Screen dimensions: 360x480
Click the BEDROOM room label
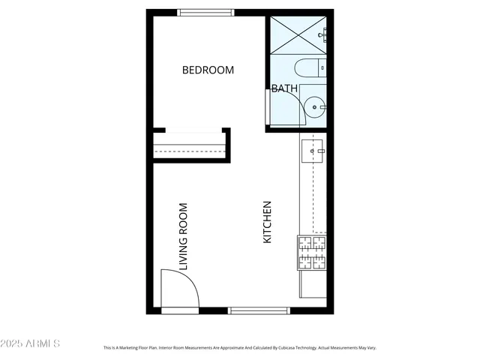pyautogui.click(x=208, y=70)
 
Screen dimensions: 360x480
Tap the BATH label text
pyautogui.click(x=284, y=88)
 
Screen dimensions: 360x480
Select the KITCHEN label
pyautogui.click(x=266, y=222)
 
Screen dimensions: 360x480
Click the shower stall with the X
pyautogui.click(x=298, y=34)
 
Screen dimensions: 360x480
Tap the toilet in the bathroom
pyautogui.click(x=307, y=70)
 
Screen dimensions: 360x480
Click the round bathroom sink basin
pyautogui.click(x=315, y=107)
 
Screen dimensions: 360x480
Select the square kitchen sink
pyautogui.click(x=313, y=151)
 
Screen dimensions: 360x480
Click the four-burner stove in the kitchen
pyautogui.click(x=312, y=253)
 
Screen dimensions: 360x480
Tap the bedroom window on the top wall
pyautogui.click(x=202, y=12)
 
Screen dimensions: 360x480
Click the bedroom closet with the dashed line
pyautogui.click(x=190, y=145)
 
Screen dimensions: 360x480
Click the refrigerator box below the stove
pyautogui.click(x=313, y=284)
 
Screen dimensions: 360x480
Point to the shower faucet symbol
pyautogui.click(x=322, y=34)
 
